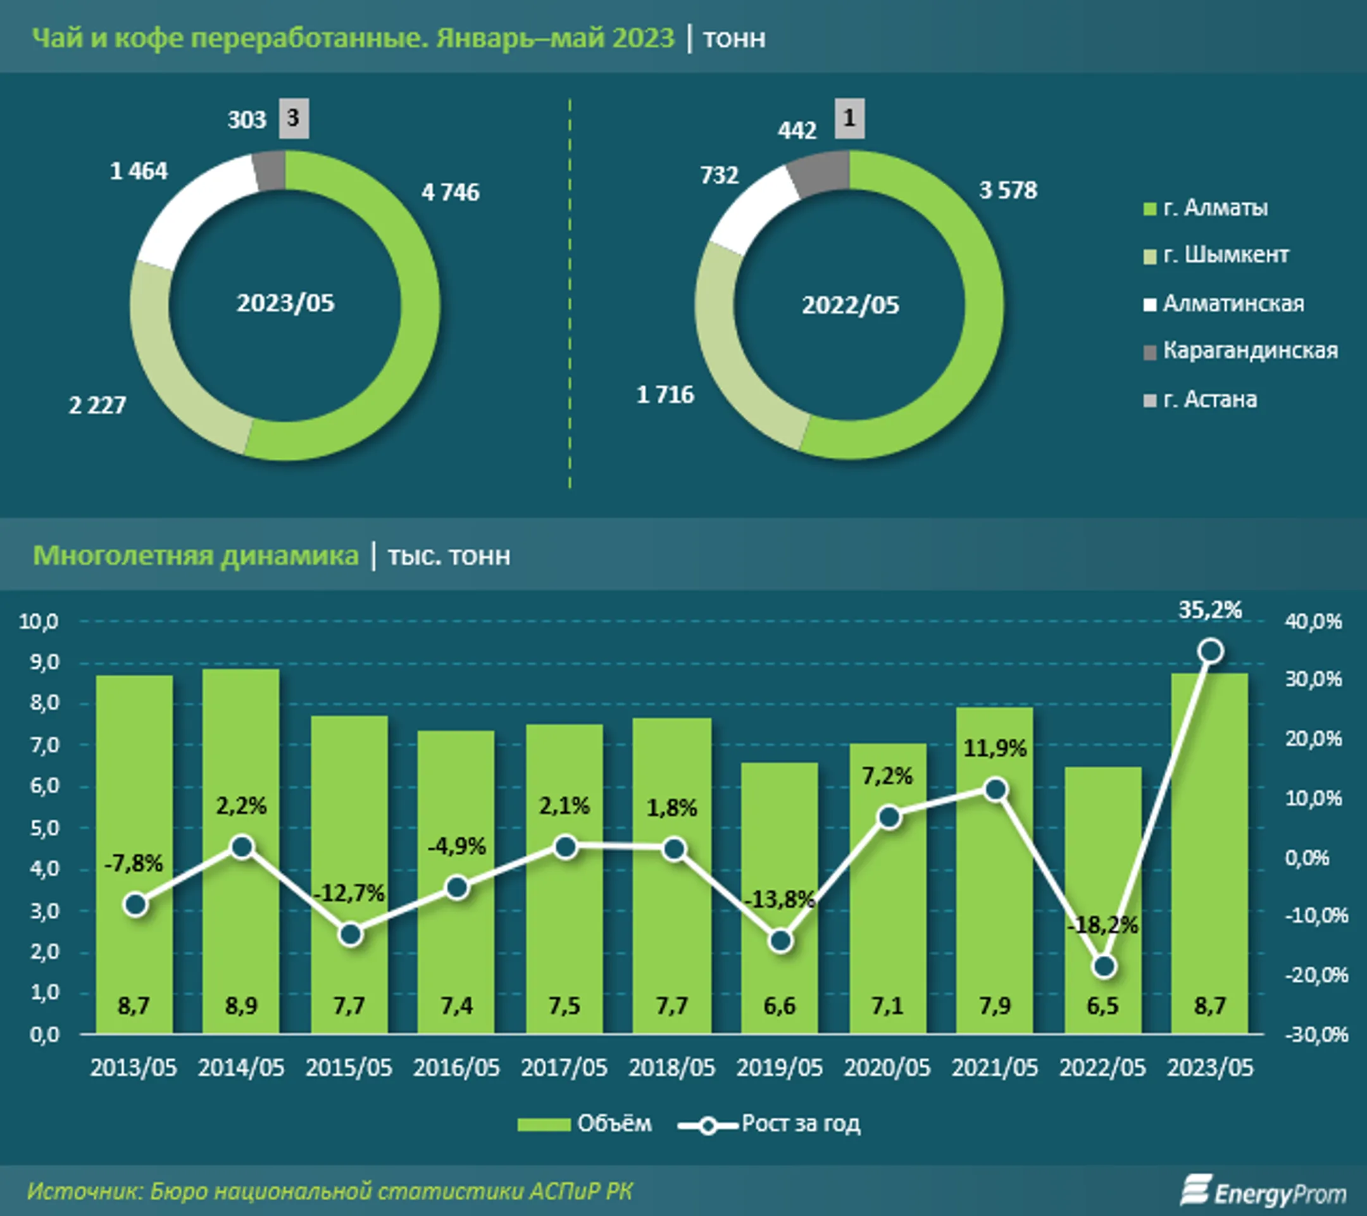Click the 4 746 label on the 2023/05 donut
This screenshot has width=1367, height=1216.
tap(450, 192)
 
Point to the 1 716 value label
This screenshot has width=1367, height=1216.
tap(665, 394)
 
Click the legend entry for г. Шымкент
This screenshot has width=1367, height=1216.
tap(1216, 255)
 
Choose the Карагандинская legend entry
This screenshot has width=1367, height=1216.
tap(1240, 351)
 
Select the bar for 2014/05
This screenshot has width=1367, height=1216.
tap(240, 851)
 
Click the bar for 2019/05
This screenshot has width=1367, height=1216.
tap(779, 898)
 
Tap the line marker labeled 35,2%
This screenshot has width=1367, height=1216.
tap(1211, 651)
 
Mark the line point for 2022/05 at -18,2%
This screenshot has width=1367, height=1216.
tap(1104, 966)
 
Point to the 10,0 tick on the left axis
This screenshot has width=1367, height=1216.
tap(39, 622)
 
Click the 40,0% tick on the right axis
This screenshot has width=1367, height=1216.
tap(1313, 622)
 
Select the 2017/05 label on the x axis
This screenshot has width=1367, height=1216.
tap(564, 1067)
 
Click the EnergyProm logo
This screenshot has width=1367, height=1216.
tap(1263, 1191)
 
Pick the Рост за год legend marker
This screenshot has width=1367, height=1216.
tap(708, 1125)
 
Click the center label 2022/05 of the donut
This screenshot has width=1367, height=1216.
tap(850, 305)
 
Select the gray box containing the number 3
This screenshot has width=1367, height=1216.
tap(294, 118)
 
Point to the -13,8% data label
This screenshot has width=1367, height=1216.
tap(780, 899)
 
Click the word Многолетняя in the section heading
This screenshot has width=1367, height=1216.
tap(125, 556)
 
